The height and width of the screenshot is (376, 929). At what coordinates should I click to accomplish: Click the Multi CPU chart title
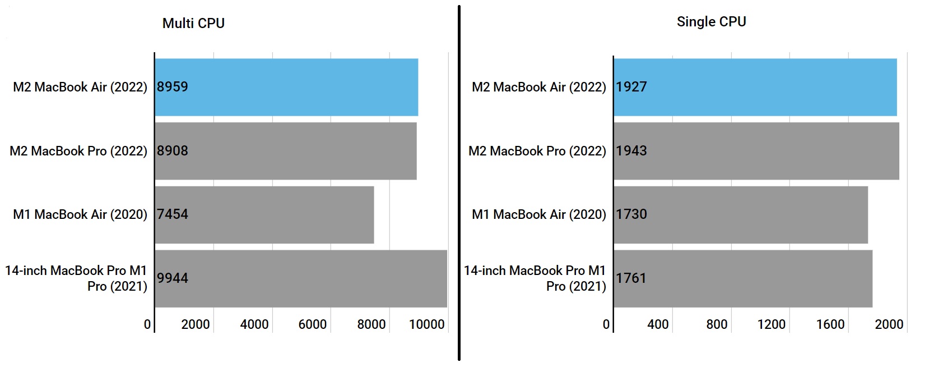coord(193,24)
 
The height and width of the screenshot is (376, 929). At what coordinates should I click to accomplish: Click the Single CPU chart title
coord(711,22)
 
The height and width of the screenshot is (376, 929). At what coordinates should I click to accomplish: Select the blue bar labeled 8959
coord(286,87)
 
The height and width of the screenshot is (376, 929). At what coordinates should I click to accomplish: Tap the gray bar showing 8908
coord(286,151)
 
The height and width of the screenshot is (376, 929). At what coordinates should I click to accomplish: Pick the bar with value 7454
coord(264,214)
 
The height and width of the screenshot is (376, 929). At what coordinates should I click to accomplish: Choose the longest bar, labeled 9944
coord(301,278)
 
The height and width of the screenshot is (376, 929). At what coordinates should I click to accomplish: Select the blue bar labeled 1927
coord(755,87)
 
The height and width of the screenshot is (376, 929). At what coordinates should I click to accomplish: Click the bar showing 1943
coord(756,151)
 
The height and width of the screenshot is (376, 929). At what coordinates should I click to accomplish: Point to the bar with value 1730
coord(740,214)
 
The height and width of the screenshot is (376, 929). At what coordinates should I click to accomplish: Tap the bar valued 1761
coord(742,278)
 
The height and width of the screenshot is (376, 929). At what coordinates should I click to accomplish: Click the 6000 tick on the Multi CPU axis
coord(312,324)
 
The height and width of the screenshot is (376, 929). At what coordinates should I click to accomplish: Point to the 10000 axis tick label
coord(426,324)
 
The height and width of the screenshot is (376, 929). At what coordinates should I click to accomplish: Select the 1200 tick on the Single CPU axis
coord(771,324)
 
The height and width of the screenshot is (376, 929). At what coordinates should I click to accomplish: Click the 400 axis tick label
coord(657,324)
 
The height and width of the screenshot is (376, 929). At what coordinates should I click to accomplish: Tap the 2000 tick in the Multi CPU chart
coord(196,324)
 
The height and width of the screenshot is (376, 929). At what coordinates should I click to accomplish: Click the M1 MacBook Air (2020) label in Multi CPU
coord(80,214)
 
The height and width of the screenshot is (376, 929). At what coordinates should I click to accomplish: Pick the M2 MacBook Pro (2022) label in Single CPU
coord(537,151)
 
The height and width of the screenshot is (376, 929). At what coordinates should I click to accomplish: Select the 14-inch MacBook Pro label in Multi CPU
coord(76,278)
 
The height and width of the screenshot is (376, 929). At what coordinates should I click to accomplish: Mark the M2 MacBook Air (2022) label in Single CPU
coord(539,87)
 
